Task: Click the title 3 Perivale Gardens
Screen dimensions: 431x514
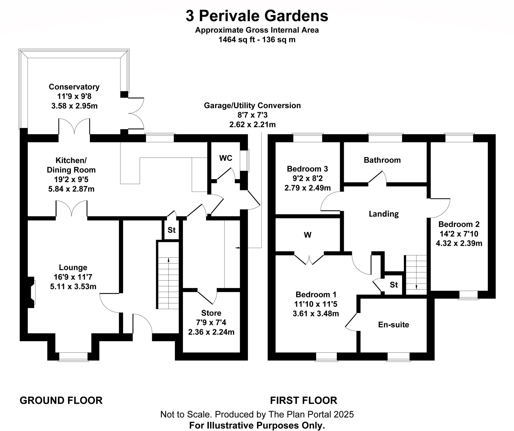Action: (x=257, y=16)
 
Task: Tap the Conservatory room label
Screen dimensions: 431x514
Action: (x=74, y=87)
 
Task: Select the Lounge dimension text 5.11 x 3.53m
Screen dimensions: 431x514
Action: (x=73, y=286)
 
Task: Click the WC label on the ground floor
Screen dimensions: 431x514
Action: (x=226, y=158)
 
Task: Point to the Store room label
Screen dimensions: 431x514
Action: (x=211, y=313)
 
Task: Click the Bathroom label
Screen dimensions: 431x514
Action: (x=382, y=160)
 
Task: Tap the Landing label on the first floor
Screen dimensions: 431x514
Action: (x=383, y=214)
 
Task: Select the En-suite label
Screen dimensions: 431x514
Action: (x=394, y=325)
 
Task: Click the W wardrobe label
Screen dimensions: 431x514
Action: (x=307, y=235)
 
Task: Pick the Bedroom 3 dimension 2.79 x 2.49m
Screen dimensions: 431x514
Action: (x=307, y=188)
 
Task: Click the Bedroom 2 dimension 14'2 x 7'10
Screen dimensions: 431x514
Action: (x=459, y=234)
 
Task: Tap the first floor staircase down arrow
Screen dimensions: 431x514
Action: (x=416, y=287)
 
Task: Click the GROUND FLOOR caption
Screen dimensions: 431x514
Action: (x=61, y=400)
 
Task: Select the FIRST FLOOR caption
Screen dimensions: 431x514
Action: (x=303, y=400)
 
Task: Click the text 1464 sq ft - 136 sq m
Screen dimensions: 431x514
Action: (x=257, y=40)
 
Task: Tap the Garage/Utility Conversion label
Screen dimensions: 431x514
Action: (x=252, y=105)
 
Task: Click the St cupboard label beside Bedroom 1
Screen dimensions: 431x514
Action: (x=394, y=285)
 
